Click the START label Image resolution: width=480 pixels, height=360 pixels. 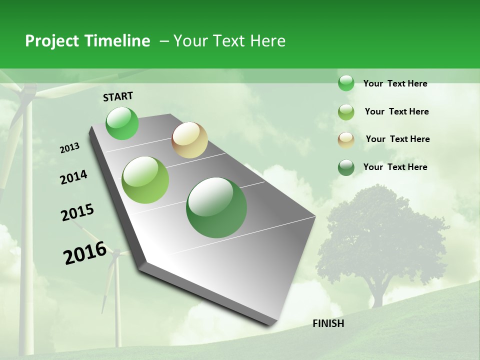pyautogui.click(x=118, y=96)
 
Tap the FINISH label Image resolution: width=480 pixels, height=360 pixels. pyautogui.click(x=328, y=323)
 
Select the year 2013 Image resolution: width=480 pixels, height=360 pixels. pyautogui.click(x=69, y=148)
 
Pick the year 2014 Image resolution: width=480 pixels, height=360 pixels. pyautogui.click(x=73, y=177)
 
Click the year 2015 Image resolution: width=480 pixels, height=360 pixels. pyautogui.click(x=77, y=212)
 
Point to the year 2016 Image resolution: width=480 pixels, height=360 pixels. pyautogui.click(x=85, y=253)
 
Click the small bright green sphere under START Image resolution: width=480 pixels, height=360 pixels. pyautogui.click(x=122, y=123)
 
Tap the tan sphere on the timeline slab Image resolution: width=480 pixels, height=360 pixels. pyautogui.click(x=189, y=140)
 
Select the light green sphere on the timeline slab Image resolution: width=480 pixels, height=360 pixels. pyautogui.click(x=145, y=180)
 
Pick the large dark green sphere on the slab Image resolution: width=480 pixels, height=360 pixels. pyautogui.click(x=216, y=207)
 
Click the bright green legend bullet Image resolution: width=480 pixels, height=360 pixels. pyautogui.click(x=346, y=83)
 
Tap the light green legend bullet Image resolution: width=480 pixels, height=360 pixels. pyautogui.click(x=346, y=112)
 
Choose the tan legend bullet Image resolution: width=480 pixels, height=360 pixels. pyautogui.click(x=346, y=139)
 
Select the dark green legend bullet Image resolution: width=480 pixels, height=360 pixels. pyautogui.click(x=346, y=167)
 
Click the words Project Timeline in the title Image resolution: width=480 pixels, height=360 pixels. pyautogui.click(x=87, y=41)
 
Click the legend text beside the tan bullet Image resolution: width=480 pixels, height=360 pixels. pyautogui.click(x=397, y=139)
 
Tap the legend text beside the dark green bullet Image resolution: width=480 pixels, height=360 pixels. pyautogui.click(x=395, y=167)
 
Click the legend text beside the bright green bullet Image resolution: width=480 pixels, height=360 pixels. pyautogui.click(x=395, y=83)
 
